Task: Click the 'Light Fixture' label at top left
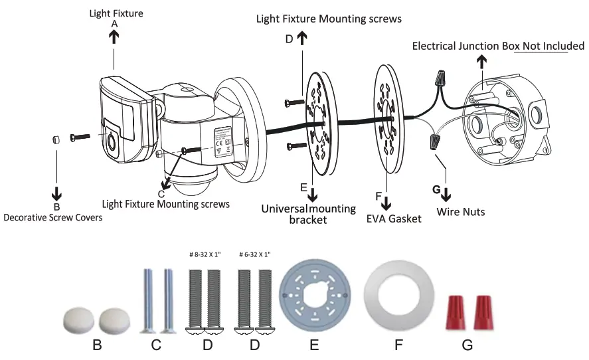[116, 13]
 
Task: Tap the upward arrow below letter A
[114, 37]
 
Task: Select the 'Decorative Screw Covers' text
[53, 217]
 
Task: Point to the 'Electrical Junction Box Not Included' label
[498, 46]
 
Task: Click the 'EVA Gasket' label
[394, 218]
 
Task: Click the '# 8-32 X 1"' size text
[206, 254]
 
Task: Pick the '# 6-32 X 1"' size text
[254, 254]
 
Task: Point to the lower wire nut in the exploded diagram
[435, 141]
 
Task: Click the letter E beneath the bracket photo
[314, 345]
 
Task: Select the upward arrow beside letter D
[302, 39]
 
